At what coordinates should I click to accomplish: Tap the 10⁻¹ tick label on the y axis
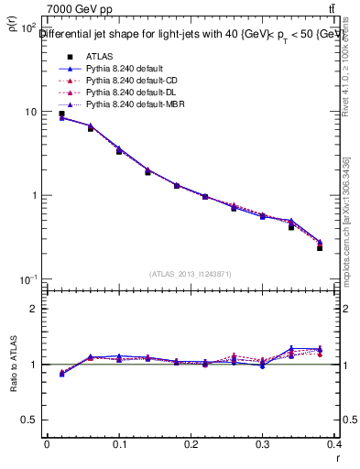28,279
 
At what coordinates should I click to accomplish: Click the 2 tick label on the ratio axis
33,309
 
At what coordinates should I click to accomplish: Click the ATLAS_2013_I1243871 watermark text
191,274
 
